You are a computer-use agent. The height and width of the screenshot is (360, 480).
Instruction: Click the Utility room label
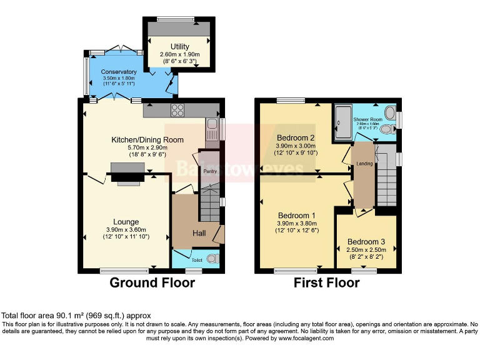click(180, 46)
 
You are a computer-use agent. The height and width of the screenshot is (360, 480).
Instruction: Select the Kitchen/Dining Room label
click(147, 139)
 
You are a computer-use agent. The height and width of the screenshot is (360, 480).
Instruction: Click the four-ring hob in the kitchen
click(177, 111)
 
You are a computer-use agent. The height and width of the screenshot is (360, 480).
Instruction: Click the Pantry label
click(209, 171)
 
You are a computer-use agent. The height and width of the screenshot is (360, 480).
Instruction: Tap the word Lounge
click(126, 222)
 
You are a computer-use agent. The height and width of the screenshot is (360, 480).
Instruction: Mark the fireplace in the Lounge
click(128, 174)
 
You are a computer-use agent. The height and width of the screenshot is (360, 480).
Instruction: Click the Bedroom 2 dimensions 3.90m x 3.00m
click(297, 147)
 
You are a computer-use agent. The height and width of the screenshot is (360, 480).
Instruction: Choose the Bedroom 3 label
click(367, 242)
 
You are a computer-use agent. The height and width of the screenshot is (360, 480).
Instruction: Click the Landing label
click(364, 164)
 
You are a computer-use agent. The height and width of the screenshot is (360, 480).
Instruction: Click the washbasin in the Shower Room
click(390, 114)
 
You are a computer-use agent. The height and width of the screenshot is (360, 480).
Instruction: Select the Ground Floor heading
click(152, 282)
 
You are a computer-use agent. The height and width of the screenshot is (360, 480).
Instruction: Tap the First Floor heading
click(327, 282)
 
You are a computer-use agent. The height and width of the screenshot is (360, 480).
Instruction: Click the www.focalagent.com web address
click(298, 338)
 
